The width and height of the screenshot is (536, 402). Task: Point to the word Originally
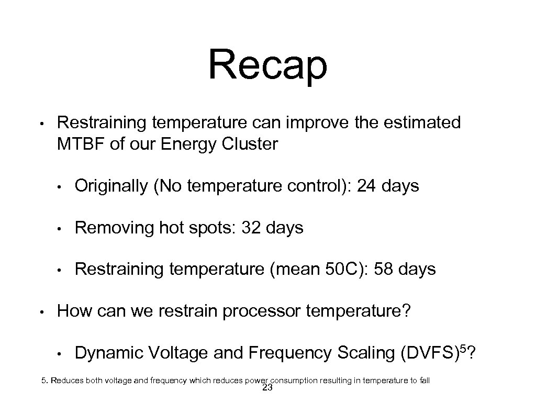click(110, 186)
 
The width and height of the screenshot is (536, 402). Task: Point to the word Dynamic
click(108, 353)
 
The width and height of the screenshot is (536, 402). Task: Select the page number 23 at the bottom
click(267, 388)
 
